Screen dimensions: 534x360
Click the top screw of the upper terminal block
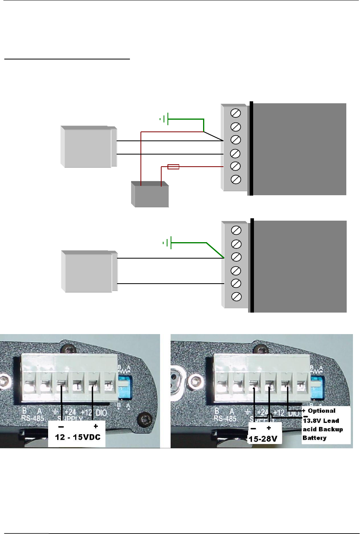[236, 113]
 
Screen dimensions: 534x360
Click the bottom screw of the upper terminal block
[236, 180]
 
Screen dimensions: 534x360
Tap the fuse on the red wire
[173, 167]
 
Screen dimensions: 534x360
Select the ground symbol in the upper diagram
[166, 119]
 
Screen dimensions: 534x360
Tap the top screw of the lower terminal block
[236, 230]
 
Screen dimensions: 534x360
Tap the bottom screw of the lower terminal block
[236, 297]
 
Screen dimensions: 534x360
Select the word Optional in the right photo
[322, 411]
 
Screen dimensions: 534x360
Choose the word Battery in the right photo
[314, 438]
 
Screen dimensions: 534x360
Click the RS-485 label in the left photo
[28, 419]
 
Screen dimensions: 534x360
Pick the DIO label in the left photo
[101, 413]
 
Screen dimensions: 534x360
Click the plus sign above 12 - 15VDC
[95, 426]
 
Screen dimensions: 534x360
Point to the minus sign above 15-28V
[254, 428]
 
